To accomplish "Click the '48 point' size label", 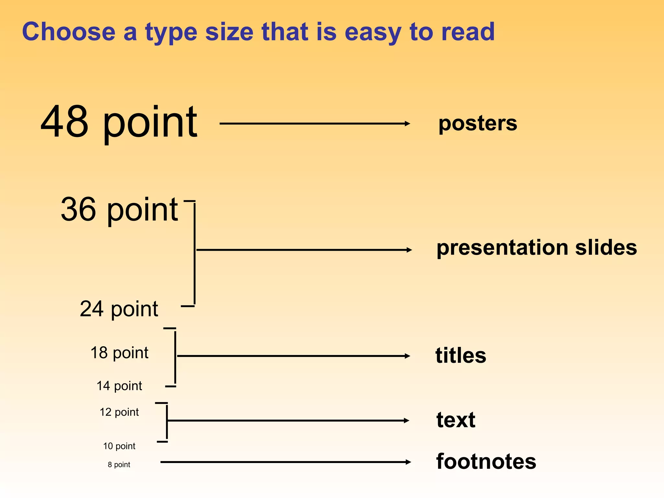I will click(x=119, y=122).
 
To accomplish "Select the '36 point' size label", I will click(x=119, y=210).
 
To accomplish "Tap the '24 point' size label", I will click(x=119, y=309).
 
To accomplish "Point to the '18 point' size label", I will click(x=119, y=353).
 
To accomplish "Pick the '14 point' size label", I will click(x=119, y=386).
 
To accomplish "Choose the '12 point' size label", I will click(x=119, y=412).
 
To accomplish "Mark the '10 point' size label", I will click(x=119, y=446).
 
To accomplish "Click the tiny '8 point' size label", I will click(x=119, y=465).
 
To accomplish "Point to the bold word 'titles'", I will click(x=461, y=356).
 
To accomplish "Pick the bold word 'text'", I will click(x=456, y=420).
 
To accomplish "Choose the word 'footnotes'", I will click(x=486, y=462).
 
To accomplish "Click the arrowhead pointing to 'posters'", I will click(x=408, y=124).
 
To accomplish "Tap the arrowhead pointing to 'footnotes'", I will click(x=408, y=462).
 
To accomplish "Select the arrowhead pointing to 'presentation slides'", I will click(x=409, y=250).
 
